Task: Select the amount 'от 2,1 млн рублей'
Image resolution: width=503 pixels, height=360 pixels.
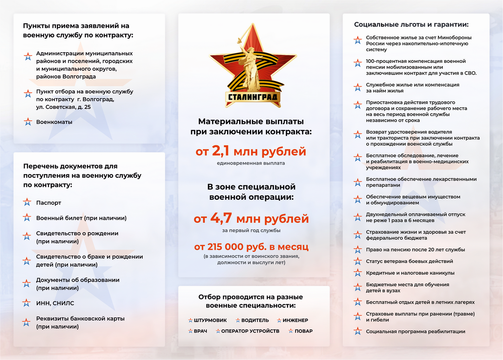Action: click(251, 151)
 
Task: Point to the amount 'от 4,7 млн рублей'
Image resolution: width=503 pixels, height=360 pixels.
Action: click(251, 218)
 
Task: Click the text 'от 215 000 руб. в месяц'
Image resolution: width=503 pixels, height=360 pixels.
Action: click(251, 246)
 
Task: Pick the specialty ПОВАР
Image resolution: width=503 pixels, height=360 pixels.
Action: click(303, 331)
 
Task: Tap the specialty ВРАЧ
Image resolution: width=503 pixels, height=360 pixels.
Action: click(201, 331)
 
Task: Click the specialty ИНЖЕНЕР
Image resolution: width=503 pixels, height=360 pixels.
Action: click(295, 320)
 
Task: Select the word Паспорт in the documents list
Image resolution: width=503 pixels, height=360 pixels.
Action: click(49, 203)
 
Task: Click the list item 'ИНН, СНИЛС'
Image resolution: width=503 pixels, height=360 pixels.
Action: click(55, 303)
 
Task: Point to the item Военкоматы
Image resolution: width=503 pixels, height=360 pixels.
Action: click(54, 122)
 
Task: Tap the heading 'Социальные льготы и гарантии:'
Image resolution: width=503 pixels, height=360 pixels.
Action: click(411, 25)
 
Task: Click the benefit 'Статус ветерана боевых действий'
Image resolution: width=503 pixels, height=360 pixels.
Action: click(409, 261)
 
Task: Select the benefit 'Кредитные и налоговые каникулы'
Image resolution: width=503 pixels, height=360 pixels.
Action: click(410, 273)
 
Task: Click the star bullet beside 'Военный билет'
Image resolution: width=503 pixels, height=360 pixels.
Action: click(27, 218)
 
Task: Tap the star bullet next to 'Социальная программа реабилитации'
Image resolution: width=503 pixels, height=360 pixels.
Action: click(357, 332)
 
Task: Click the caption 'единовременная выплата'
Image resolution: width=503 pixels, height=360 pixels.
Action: click(251, 163)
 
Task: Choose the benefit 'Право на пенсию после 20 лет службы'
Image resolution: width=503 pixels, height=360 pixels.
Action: click(416, 250)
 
